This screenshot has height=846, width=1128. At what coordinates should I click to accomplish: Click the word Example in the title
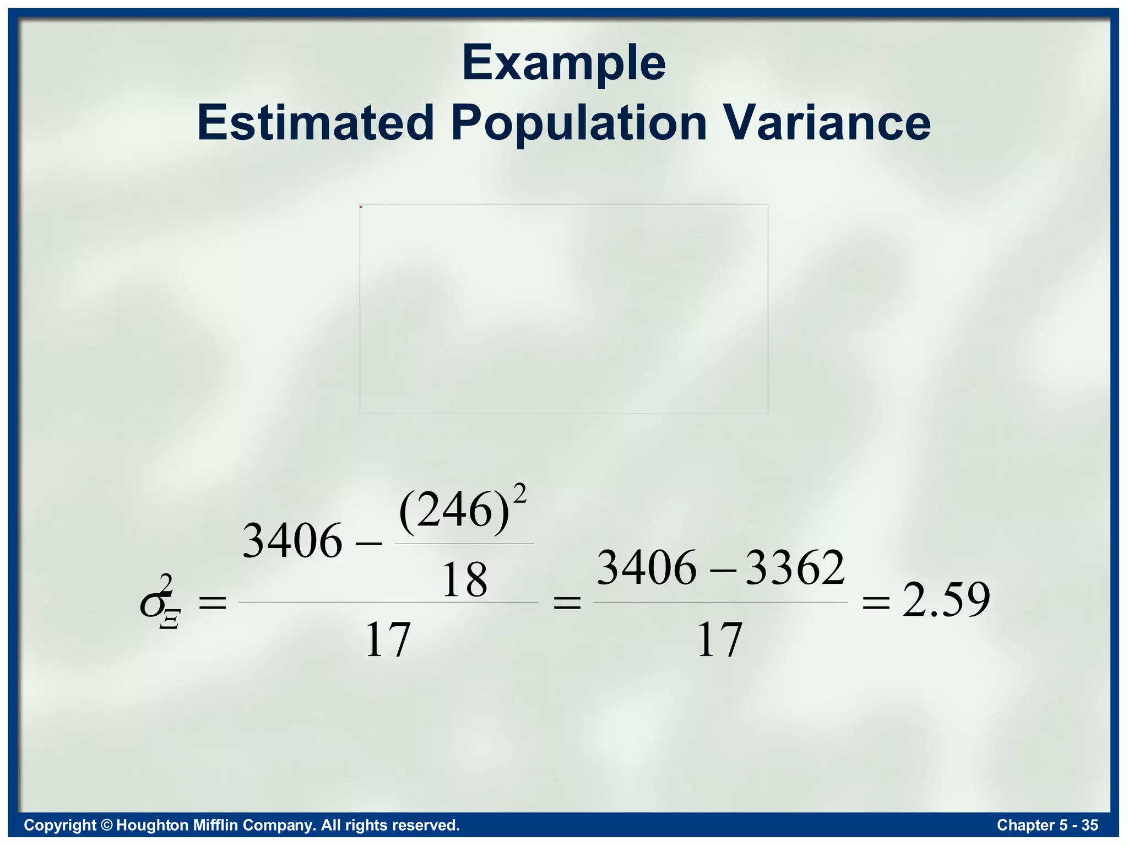563,64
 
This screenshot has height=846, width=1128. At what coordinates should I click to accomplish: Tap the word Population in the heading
578,123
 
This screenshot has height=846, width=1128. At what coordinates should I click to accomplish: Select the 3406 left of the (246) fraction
292,541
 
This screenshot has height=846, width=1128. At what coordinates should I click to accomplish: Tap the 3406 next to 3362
647,568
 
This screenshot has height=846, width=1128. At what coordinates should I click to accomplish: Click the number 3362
795,568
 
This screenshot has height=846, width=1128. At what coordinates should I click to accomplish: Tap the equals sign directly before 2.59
876,603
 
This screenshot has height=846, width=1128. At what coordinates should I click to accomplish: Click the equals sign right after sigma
212,603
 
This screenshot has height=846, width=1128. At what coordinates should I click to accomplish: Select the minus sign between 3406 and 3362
721,570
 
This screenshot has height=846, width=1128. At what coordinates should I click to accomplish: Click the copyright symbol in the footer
107,825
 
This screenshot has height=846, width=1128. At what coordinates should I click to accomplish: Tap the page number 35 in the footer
1089,825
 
